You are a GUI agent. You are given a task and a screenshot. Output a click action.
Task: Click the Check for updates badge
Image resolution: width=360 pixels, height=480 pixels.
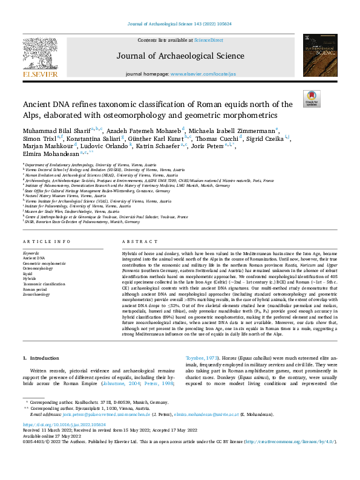pos(312,98)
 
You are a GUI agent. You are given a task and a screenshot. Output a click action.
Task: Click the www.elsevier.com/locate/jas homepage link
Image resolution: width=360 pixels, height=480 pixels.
pos(203,74)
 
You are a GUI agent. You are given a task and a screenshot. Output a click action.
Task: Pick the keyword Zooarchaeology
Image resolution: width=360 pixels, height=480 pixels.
pos(36,294)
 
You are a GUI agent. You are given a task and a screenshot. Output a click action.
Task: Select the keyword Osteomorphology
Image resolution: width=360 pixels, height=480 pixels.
pos(38,269)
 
